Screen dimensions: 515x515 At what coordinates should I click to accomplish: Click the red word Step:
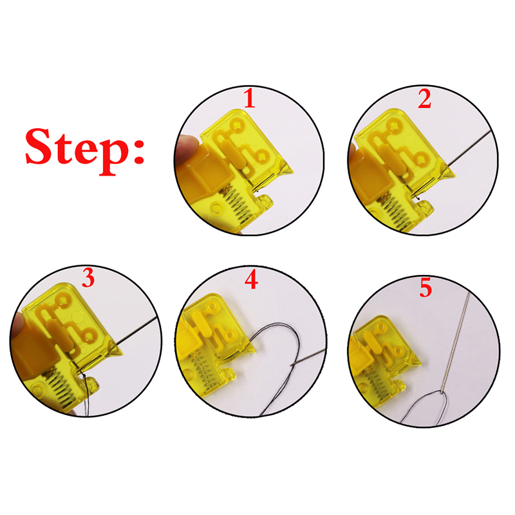point(85,151)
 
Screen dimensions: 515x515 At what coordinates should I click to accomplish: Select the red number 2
point(425,99)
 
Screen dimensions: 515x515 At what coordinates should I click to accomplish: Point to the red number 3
point(88,278)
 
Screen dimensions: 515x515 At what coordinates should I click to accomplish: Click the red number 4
point(251,280)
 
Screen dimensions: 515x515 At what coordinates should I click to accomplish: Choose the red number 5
point(426,288)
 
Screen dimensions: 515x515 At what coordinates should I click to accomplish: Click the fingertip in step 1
point(187,149)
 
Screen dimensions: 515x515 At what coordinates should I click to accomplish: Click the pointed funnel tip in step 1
point(285,169)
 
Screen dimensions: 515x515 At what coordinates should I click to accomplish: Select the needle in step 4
point(308,357)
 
